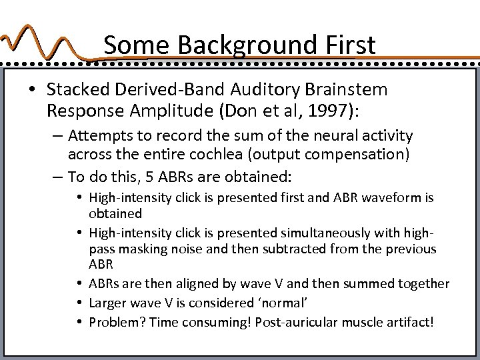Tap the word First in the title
[347, 45]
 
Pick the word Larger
[107, 303]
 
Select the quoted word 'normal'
[285, 303]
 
